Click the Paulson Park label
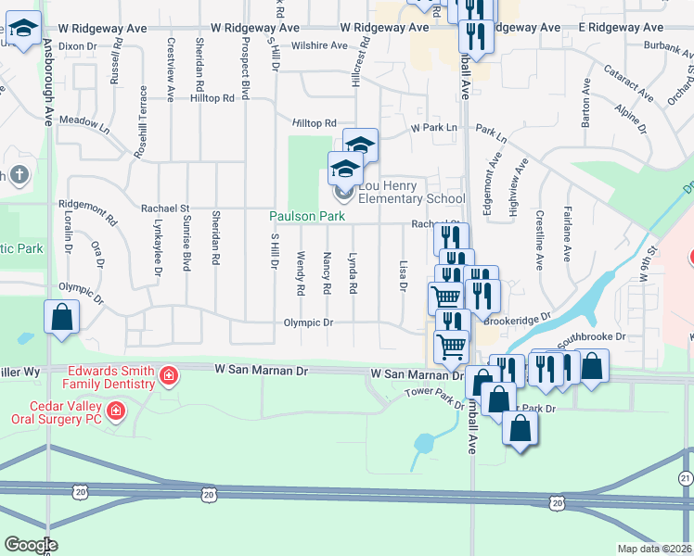pos(307,216)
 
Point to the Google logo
pos(31,545)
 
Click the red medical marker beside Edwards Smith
pos(168,375)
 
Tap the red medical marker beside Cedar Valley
pos(115,410)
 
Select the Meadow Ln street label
pos(84,122)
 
